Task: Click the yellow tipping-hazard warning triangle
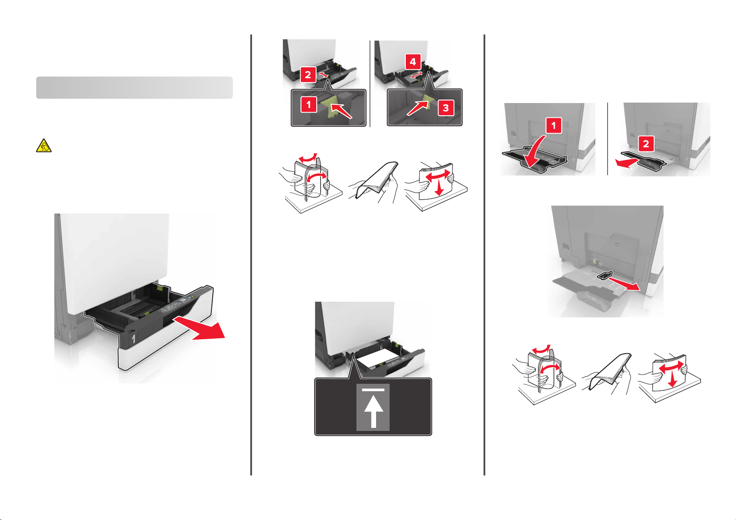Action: pos(44,145)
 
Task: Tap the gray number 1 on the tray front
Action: pos(133,339)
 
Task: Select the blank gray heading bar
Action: pos(135,88)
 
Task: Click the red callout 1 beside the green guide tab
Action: pos(308,105)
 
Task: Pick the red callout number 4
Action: pos(413,62)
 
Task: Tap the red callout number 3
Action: pos(446,108)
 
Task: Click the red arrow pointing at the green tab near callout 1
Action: pos(341,110)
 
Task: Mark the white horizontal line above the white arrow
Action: pos(373,390)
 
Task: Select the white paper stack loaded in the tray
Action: pos(379,358)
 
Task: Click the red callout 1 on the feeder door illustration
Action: pos(554,125)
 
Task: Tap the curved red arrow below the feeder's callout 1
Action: pos(534,151)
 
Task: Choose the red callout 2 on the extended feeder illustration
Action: pos(646,144)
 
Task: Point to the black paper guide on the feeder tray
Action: pos(604,276)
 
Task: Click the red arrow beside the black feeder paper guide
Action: pos(624,284)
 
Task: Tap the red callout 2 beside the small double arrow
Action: pos(308,75)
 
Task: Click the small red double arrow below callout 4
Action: pos(416,75)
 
